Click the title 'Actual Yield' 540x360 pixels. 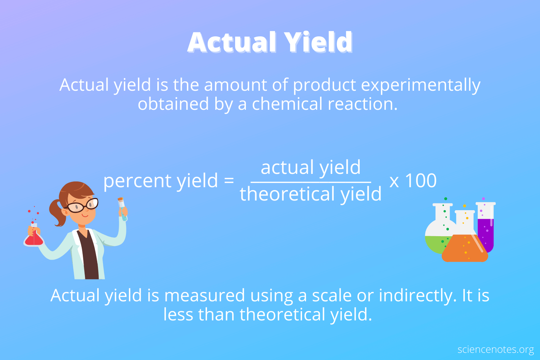coord(270,42)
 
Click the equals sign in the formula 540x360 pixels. coord(229,180)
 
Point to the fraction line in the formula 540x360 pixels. coord(310,182)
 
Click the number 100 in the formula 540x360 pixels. coord(421,180)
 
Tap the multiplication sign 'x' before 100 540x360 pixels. coord(394,181)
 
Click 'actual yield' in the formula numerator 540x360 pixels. coord(310,167)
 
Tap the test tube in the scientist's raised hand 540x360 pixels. coord(122,208)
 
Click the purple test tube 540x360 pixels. coord(486,227)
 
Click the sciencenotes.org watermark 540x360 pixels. coord(495,350)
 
